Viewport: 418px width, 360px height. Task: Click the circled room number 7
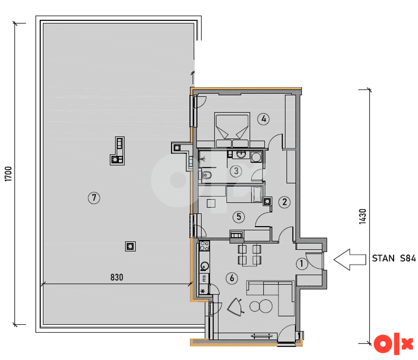[x=94, y=198]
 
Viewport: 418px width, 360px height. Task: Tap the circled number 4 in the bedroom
[x=263, y=119]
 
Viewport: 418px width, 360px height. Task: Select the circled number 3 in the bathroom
[x=236, y=171]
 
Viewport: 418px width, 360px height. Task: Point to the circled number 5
[x=238, y=217]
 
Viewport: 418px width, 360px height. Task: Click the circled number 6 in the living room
[x=232, y=278]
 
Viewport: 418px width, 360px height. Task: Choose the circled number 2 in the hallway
[x=285, y=202]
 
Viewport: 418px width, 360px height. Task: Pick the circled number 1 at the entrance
[x=302, y=263]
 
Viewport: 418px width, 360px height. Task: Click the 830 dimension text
[x=117, y=278]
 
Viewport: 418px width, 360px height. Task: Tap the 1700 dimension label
[x=8, y=174]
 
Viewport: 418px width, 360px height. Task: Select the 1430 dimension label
[x=362, y=216]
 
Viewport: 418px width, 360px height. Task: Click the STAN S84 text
[x=394, y=258]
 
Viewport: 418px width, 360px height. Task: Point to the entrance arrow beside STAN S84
[x=350, y=260]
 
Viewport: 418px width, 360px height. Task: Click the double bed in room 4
[x=232, y=130]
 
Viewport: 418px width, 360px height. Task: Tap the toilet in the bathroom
[x=206, y=175]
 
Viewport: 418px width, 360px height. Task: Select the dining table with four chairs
[x=249, y=255]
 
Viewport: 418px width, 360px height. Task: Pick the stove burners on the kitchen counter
[x=204, y=245]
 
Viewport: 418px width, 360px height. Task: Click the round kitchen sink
[x=205, y=266]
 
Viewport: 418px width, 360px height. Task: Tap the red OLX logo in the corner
[x=393, y=344]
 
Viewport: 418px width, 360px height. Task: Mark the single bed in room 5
[x=244, y=194]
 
